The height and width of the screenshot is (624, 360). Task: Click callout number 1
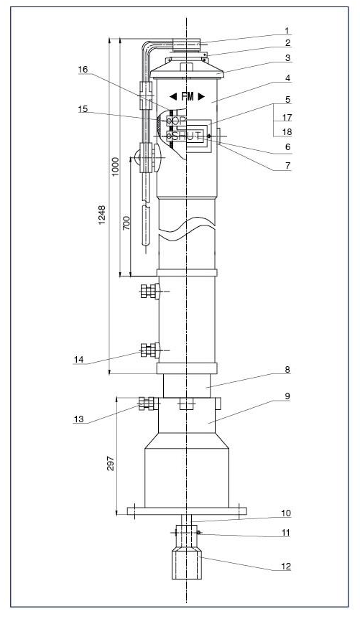click(x=287, y=30)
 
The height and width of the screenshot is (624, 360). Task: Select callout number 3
click(x=287, y=58)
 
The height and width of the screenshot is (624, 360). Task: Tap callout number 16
click(x=83, y=70)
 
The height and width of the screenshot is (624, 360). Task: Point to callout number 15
click(x=83, y=108)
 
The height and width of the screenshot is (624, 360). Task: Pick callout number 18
click(x=287, y=131)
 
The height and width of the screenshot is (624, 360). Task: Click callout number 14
click(x=78, y=359)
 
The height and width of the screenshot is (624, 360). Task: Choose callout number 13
click(x=78, y=419)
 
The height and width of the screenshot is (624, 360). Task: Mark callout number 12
click(x=286, y=566)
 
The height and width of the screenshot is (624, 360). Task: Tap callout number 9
click(x=287, y=396)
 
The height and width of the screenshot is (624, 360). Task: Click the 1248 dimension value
click(x=102, y=215)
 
